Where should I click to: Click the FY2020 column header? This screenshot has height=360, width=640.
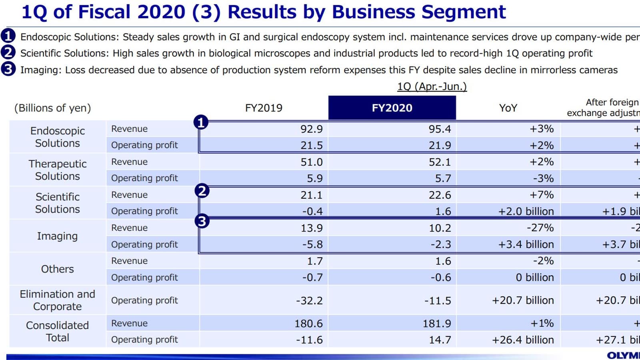392,108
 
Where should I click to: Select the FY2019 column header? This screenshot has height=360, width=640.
264,108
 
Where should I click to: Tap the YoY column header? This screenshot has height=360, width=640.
508,108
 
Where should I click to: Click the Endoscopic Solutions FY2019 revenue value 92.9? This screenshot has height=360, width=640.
311,129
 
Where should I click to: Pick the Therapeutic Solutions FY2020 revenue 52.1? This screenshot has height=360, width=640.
440,162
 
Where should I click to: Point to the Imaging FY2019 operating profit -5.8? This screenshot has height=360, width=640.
312,244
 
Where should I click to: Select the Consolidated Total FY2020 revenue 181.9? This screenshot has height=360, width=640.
437,323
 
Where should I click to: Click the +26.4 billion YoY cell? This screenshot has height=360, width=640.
523,340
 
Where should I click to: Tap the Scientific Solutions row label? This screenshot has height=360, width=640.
58,203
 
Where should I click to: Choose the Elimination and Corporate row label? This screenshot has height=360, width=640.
58,300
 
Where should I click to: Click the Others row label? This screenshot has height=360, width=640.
58,269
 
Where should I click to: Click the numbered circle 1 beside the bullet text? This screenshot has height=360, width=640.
8,36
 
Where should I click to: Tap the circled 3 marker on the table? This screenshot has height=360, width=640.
202,221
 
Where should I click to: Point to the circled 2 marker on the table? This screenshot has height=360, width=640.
202,191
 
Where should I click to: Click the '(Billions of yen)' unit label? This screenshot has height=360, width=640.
52,108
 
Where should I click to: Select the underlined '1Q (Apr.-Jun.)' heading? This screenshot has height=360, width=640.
432,86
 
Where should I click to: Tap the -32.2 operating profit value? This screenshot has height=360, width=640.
309,300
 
